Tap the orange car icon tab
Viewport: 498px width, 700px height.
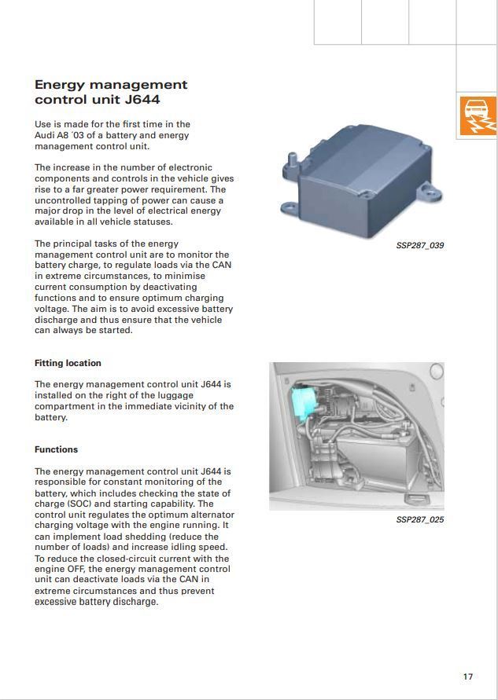[x=477, y=115]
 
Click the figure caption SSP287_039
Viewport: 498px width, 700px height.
[x=419, y=246]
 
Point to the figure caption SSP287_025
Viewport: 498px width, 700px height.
[x=419, y=520]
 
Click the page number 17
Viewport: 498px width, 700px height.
[x=468, y=676]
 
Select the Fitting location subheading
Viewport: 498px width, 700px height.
[x=68, y=363]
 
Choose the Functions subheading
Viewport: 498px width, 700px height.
[x=56, y=449]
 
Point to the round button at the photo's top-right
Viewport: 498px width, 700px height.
[x=435, y=370]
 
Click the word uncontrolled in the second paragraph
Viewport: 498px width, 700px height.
[x=64, y=200]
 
